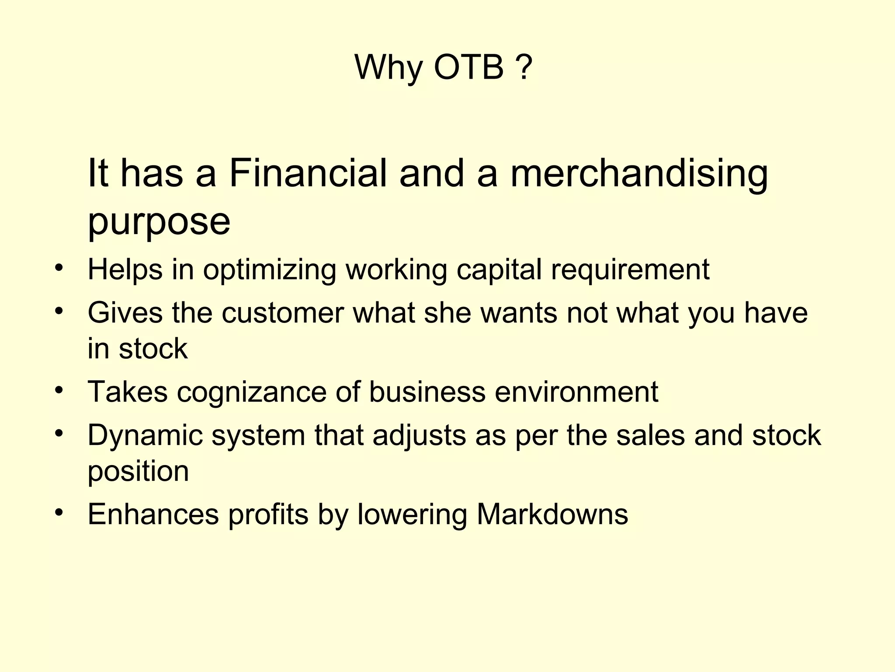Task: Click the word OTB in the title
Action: (x=468, y=68)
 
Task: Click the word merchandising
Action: (x=638, y=174)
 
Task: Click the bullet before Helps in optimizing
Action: (x=59, y=267)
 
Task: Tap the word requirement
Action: (x=630, y=269)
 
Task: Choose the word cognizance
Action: (x=252, y=392)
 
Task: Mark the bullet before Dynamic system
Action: (x=59, y=434)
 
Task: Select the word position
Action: (x=138, y=472)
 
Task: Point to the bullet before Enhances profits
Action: (x=59, y=512)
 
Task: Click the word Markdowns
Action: (x=552, y=514)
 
